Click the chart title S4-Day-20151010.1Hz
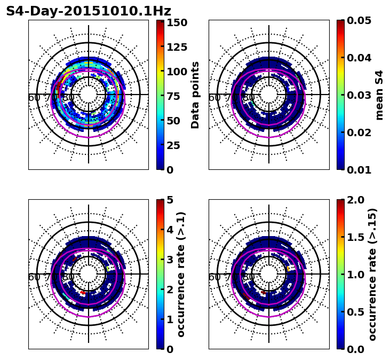pos(89,11)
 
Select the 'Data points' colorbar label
pos(195,95)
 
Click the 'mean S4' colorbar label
pos(379,95)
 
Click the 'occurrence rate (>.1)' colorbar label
pos(181,275)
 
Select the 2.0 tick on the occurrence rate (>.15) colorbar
pos(357,200)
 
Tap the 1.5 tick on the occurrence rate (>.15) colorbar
pos(357,237)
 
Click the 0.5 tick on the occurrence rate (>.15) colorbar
pos(357,312)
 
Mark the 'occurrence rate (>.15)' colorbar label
pos(372,275)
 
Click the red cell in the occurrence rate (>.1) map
pos(83,293)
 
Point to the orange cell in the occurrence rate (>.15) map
pos(289,269)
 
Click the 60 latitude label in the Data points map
pos(34,98)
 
